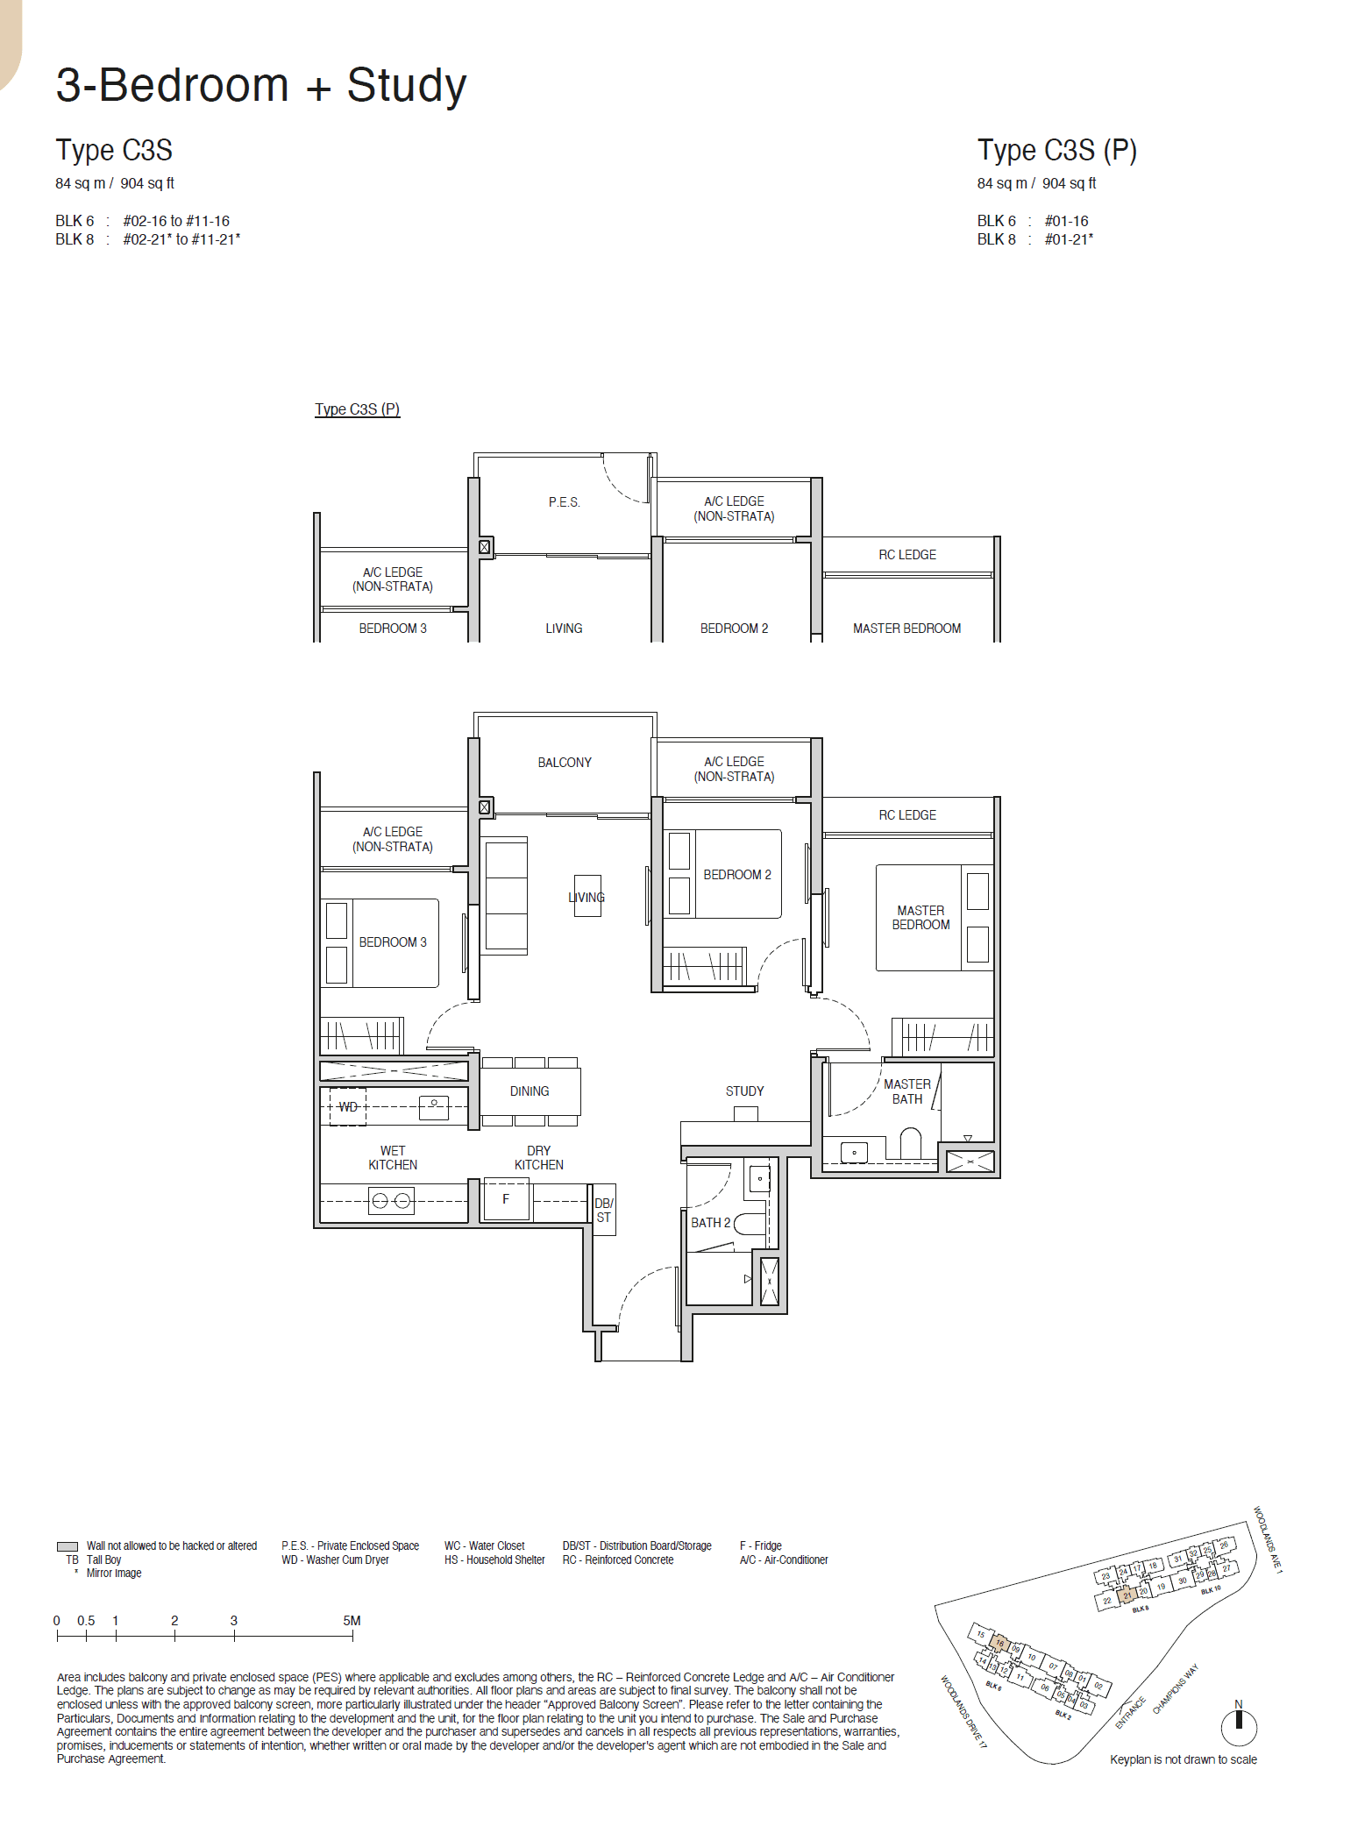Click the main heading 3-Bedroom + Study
click(260, 86)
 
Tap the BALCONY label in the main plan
click(565, 763)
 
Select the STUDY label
click(744, 1091)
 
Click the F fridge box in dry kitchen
click(506, 1200)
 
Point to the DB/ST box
click(604, 1211)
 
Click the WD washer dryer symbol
click(348, 1107)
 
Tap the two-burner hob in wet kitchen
click(391, 1201)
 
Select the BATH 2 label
click(710, 1223)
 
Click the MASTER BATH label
click(907, 1092)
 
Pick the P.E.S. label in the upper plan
click(565, 502)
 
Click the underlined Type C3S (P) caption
click(357, 409)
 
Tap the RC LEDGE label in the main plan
click(907, 815)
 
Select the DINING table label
click(530, 1091)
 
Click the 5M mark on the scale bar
click(352, 1621)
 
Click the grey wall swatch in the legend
click(68, 1546)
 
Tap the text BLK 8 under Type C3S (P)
click(997, 239)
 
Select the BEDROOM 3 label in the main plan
click(393, 942)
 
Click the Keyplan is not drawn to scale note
click(1183, 1760)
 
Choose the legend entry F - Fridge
click(760, 1545)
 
